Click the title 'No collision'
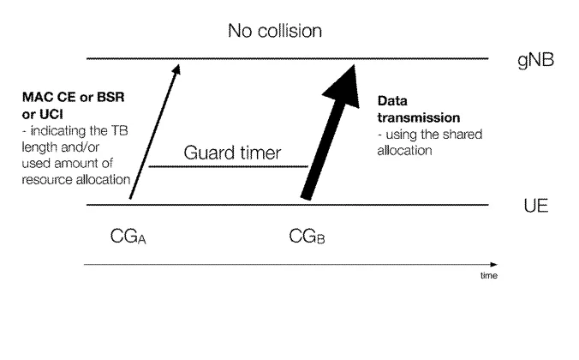click(275, 31)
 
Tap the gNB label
click(536, 60)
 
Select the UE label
click(536, 206)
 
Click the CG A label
click(128, 237)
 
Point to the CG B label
click(307, 237)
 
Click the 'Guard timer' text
click(232, 153)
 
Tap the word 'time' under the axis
click(489, 276)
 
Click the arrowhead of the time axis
click(493, 264)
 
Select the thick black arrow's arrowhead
click(344, 87)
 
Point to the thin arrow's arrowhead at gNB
click(176, 69)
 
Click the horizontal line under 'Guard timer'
click(228, 166)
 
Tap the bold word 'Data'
click(392, 101)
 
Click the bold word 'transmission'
click(419, 118)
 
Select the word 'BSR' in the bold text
click(110, 97)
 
